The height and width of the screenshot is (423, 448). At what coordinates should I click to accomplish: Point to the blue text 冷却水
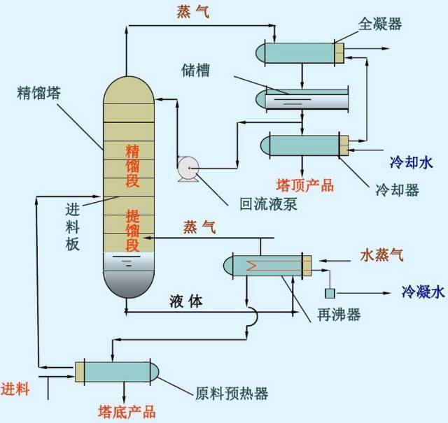(x=412, y=163)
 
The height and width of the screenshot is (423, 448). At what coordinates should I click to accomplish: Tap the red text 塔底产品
(x=126, y=412)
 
